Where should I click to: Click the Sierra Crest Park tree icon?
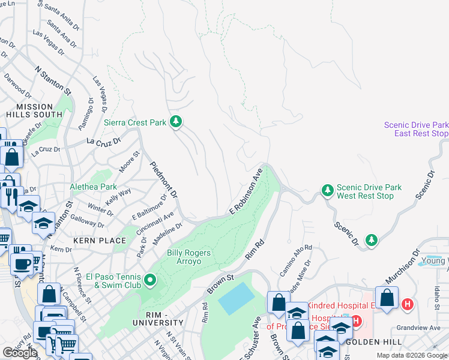[x=176, y=122]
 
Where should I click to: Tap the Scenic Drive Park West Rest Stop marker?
[x=327, y=191]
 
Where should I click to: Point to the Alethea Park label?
[x=94, y=187]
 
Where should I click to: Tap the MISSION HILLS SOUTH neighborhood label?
[x=35, y=110]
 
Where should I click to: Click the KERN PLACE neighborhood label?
[x=100, y=240]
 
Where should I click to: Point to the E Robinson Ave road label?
[x=246, y=192]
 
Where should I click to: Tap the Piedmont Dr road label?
[x=163, y=181]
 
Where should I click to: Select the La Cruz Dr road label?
[x=104, y=142]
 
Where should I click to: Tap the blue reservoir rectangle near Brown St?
[x=240, y=298]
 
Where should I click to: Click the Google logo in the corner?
[x=19, y=352]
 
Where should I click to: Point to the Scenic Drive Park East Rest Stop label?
[x=415, y=129]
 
